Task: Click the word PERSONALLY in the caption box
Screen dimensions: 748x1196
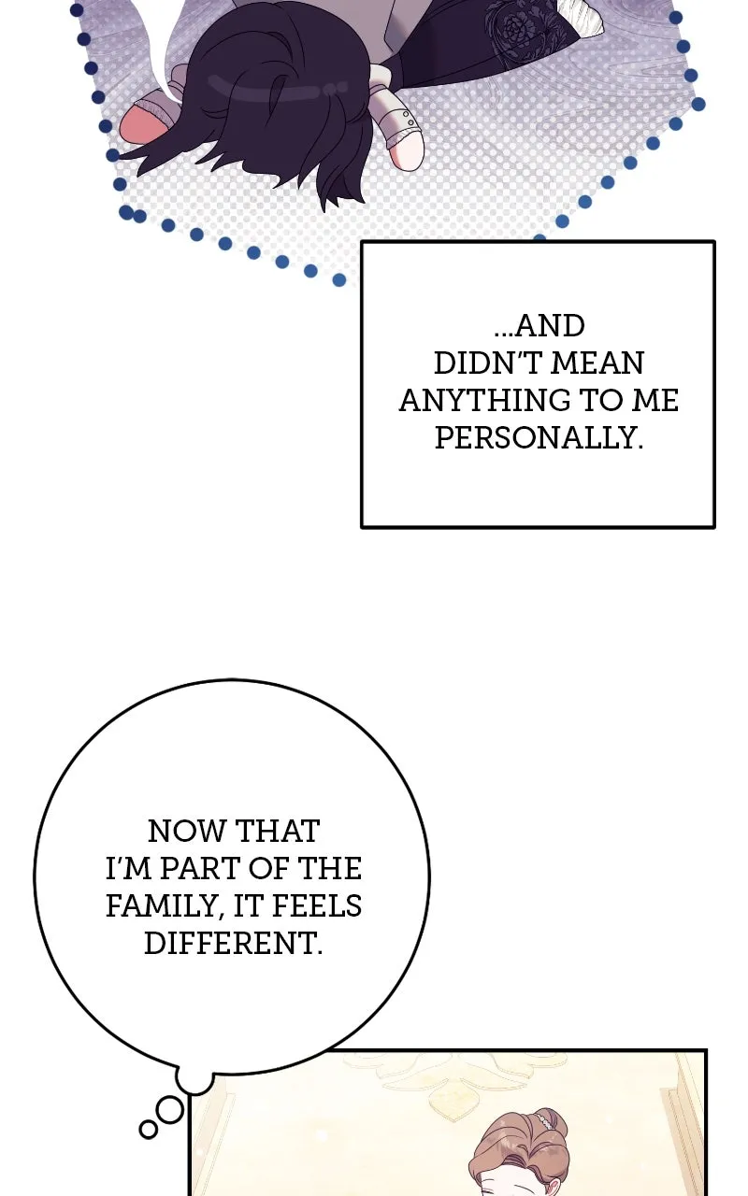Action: (539, 438)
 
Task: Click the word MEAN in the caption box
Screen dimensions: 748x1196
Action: (597, 363)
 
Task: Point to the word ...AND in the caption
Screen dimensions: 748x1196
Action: (539, 326)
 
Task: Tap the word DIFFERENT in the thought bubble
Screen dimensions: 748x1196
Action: (234, 944)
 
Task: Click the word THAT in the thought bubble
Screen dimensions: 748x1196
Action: (278, 832)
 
